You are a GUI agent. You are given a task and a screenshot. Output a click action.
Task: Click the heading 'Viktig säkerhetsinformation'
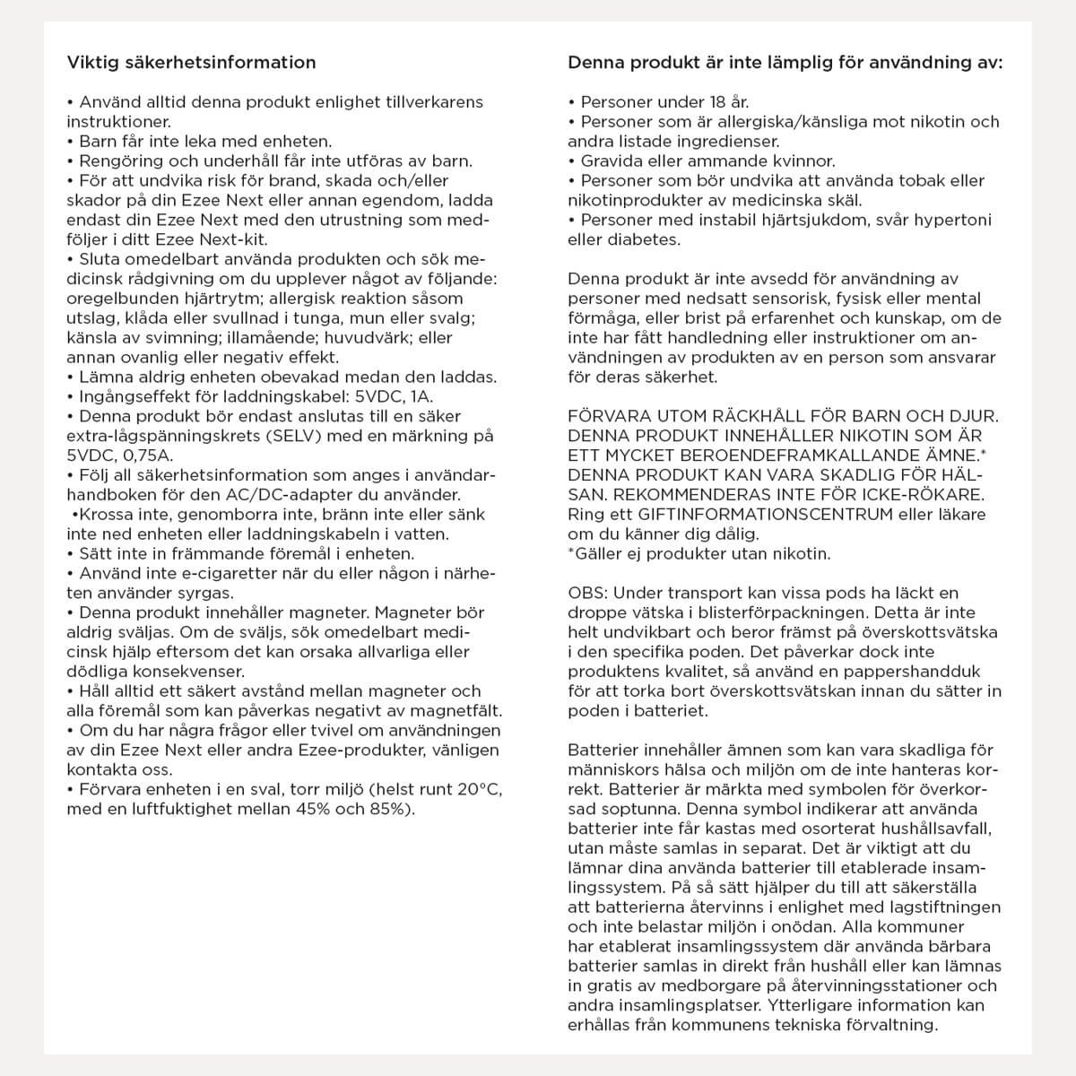pos(191,63)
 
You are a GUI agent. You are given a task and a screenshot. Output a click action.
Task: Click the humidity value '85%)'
pos(390,810)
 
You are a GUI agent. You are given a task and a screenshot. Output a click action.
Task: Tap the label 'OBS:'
pos(588,593)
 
